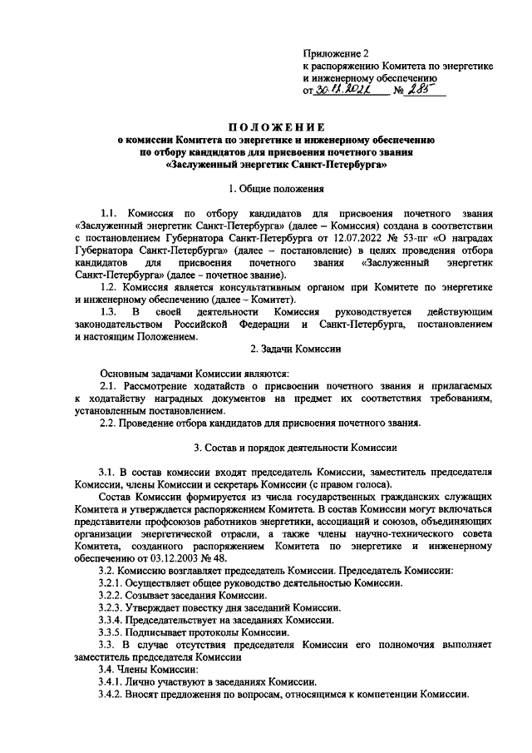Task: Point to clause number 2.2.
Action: pyautogui.click(x=110, y=422)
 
